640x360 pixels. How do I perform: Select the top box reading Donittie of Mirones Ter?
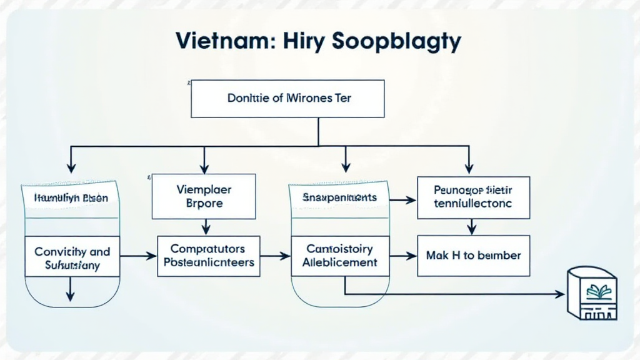coord(287,98)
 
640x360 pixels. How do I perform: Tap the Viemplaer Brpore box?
coord(204,196)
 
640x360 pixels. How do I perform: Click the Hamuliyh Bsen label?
coord(70,198)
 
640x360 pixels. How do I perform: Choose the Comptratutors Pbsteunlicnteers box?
coord(208,256)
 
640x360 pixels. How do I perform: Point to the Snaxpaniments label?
coord(339,197)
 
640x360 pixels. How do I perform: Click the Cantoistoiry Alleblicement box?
coord(339,256)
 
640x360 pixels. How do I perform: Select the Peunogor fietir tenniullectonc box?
coord(473,197)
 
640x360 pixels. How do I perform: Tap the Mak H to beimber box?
coord(473,256)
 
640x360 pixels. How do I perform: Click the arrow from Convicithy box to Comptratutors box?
coord(137,256)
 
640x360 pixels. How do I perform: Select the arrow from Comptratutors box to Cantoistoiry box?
coord(275,256)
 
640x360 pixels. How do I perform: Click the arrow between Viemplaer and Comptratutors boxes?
coord(204,226)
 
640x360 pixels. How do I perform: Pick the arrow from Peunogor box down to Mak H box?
coord(473,226)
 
